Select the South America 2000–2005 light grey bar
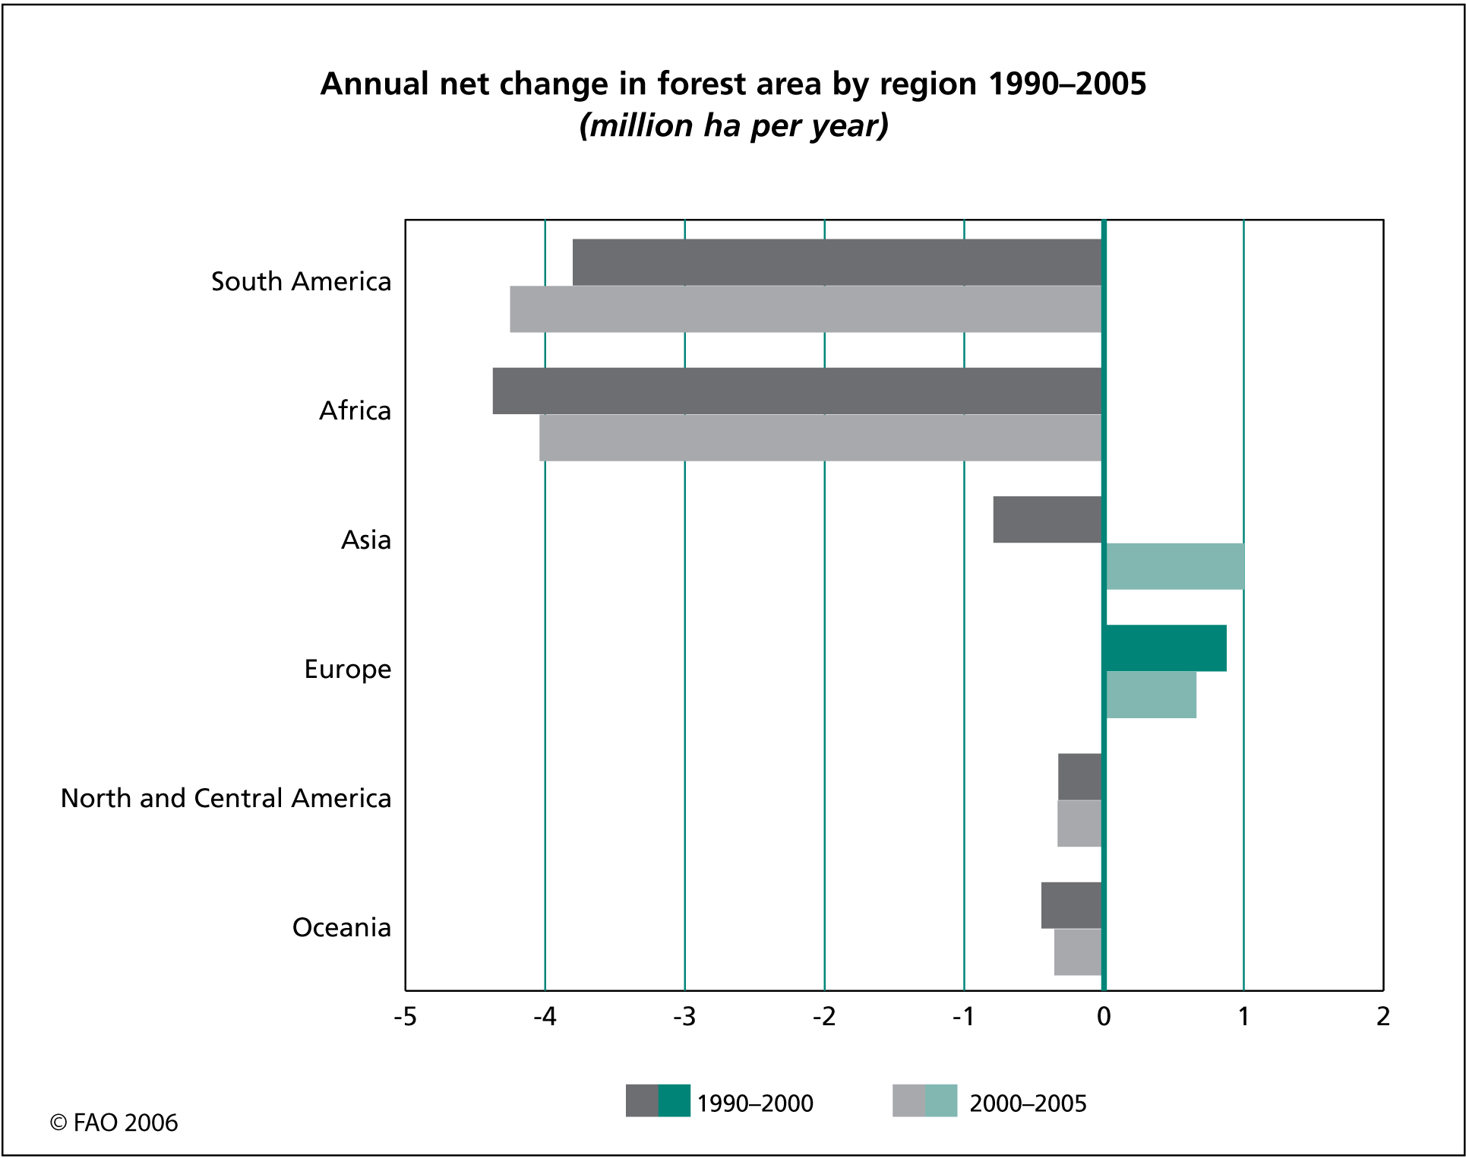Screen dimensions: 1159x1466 point(805,309)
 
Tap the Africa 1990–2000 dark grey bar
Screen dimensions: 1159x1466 point(797,391)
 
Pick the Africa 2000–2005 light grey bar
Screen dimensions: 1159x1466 point(820,438)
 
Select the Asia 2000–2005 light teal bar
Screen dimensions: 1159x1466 point(1175,567)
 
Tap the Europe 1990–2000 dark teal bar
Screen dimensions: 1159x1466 point(1166,648)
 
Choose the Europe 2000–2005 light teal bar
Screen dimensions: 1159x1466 point(1151,695)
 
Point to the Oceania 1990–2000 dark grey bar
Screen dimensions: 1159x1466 point(1071,905)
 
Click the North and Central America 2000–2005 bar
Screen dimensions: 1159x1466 point(1079,823)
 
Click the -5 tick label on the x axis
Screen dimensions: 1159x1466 point(405,1017)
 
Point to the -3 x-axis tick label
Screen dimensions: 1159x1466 point(684,1017)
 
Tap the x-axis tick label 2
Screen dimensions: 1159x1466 point(1383,1017)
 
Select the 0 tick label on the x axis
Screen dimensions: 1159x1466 point(1104,1017)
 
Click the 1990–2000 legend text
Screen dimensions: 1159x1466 point(755,1103)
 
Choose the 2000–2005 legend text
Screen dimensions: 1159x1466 point(1028,1103)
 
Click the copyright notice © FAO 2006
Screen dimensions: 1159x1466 point(114,1123)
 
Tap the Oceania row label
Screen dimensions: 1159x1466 point(342,927)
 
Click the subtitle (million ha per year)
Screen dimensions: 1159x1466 point(734,125)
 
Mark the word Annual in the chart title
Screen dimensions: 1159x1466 point(374,84)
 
